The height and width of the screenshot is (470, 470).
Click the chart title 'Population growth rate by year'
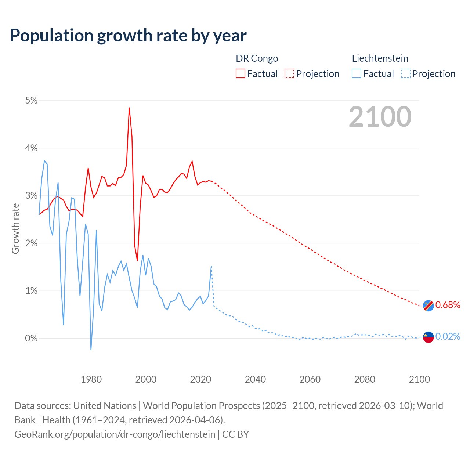coord(128,36)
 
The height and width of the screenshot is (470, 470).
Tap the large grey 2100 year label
coord(380,117)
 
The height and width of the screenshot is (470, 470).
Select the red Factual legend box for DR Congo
coord(241,74)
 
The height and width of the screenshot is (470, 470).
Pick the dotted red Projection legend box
coord(289,74)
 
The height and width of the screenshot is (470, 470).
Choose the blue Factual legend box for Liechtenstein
coord(357,74)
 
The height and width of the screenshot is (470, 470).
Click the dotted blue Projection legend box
coord(405,74)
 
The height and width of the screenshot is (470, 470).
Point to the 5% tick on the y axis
coord(31,101)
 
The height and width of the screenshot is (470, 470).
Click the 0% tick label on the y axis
coord(31,338)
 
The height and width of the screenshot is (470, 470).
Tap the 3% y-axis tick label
coord(31,196)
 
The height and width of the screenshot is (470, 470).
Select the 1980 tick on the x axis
coord(91,379)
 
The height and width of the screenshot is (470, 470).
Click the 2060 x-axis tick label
coord(310,379)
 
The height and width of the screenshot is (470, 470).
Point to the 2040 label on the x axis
coord(255,379)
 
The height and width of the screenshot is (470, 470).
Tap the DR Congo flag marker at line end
coord(428,305)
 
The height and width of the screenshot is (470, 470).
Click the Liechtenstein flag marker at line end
coord(428,337)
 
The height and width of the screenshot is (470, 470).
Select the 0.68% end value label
coord(448,305)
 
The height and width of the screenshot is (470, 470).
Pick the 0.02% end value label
coord(448,336)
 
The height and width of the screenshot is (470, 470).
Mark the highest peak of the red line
coord(129,108)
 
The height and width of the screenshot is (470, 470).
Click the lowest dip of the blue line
coord(91,349)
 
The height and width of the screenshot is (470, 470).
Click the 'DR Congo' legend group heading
coord(257,58)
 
